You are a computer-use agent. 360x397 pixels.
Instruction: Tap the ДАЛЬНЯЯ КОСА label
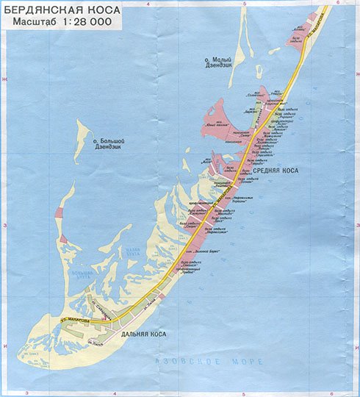click(140, 335)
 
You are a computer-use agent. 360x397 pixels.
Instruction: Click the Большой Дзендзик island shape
click(79, 147)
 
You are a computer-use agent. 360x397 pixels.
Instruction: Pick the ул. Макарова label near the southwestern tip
click(75, 321)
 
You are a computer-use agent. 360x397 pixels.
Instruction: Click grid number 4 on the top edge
click(148, 4)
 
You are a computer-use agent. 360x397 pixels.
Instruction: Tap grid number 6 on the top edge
click(336, 4)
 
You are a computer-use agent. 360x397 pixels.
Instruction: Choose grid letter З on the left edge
click(4, 225)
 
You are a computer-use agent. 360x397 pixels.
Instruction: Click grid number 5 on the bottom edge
click(242, 393)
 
